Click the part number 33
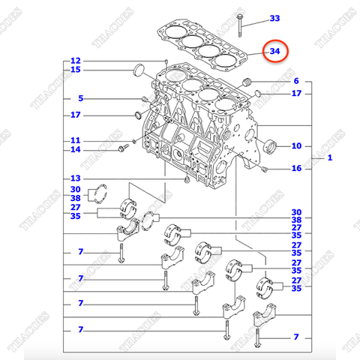[274, 17]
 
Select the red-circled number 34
[274, 52]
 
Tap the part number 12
[75, 61]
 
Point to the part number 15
[75, 70]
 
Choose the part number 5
[79, 98]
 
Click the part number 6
[295, 81]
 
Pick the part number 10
[295, 145]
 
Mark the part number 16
[295, 169]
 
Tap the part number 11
[75, 140]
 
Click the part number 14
[75, 150]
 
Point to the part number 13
[75, 178]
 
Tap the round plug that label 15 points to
[137, 71]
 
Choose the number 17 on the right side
[295, 94]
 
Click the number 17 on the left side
[75, 115]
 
